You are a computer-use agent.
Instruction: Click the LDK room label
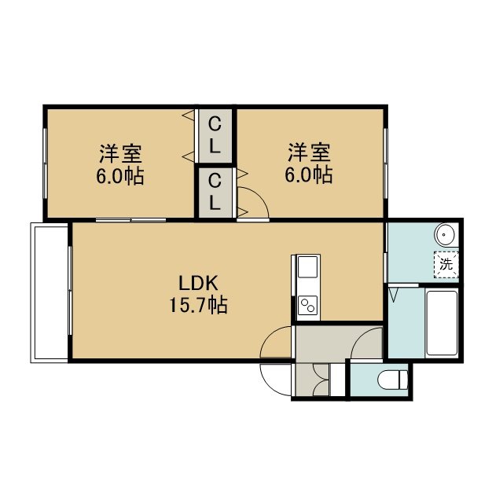pos(198,283)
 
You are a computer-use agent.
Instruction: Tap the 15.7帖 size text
pos(198,305)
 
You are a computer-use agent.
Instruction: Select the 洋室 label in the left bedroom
pos(120,154)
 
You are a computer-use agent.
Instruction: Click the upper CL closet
pos(215,136)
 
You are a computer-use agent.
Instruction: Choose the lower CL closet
pos(215,193)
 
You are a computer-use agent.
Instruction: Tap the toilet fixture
pos(393,380)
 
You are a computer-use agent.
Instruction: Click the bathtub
pos(442,323)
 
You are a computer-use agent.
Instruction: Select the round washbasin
pos(444,234)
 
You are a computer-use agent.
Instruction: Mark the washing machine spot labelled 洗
pos(446,264)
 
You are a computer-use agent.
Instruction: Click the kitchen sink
pos(307,267)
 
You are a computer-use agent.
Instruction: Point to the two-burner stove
pos(307,305)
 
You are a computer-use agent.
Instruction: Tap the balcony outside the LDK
pos(50,292)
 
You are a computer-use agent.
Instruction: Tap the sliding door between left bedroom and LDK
pos(131,220)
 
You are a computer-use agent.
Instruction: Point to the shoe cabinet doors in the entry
pos(321,380)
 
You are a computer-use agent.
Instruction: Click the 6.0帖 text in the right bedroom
pos(309,174)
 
